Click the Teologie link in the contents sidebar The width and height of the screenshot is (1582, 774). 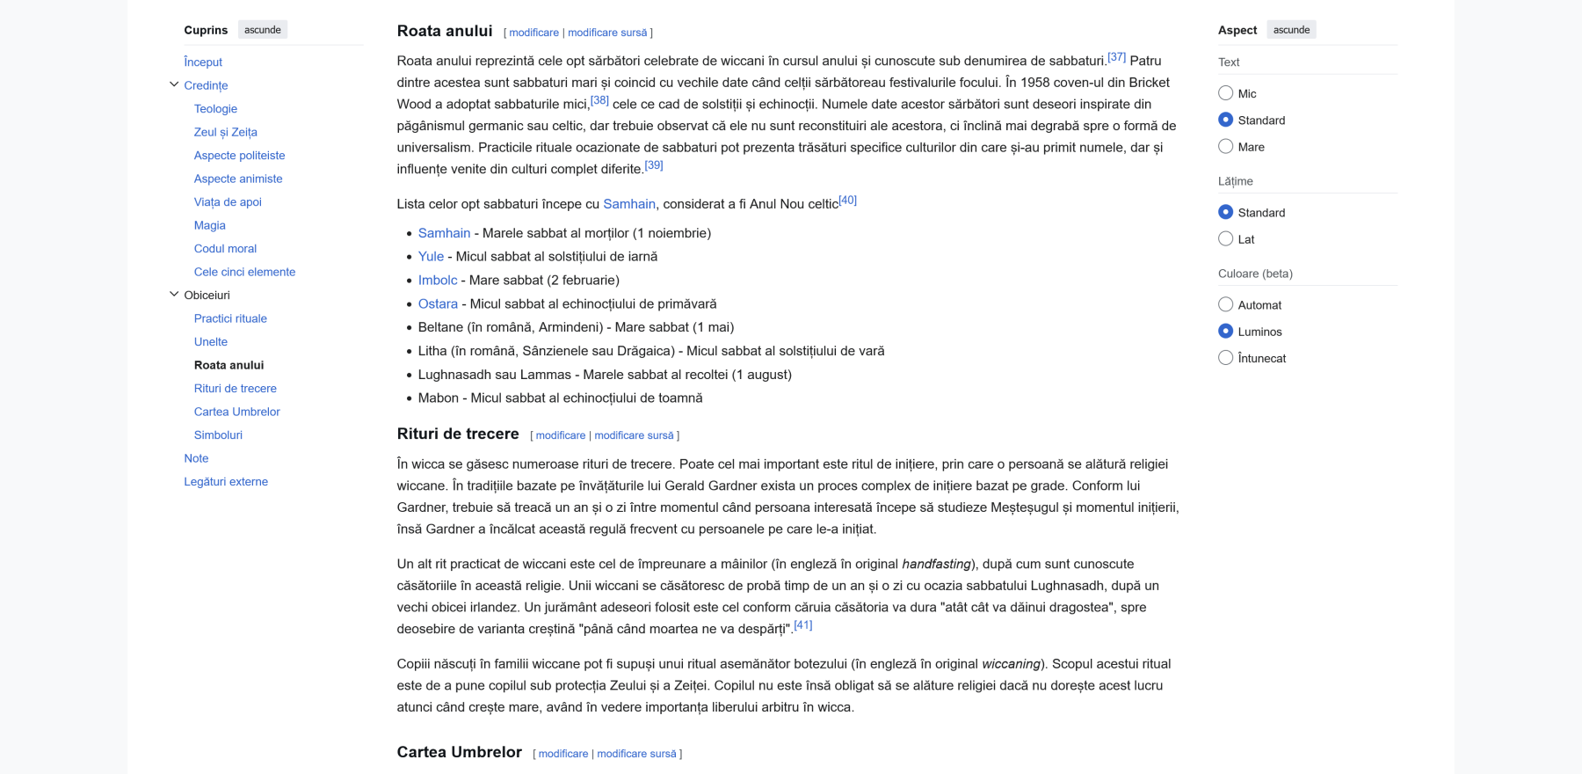pyautogui.click(x=215, y=109)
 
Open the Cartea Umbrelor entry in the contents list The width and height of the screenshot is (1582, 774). pyautogui.click(x=236, y=412)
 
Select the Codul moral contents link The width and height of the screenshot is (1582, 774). pyautogui.click(x=225, y=249)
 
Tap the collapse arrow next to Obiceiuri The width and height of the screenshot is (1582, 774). pyautogui.click(x=174, y=295)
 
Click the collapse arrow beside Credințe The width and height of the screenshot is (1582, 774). pyautogui.click(x=174, y=84)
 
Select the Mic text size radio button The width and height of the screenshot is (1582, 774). pyautogui.click(x=1226, y=93)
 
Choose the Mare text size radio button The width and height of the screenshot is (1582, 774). pyautogui.click(x=1226, y=147)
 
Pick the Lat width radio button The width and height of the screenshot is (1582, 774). pyautogui.click(x=1226, y=239)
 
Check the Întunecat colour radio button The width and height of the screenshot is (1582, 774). pyautogui.click(x=1226, y=358)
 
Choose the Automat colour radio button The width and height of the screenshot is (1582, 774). pyautogui.click(x=1226, y=305)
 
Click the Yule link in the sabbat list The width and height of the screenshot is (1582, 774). pyautogui.click(x=431, y=257)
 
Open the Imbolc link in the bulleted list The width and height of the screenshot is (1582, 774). pyautogui.click(x=438, y=281)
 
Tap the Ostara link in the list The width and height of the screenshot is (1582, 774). pyautogui.click(x=438, y=304)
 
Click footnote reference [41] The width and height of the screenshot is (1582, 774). pyautogui.click(x=802, y=625)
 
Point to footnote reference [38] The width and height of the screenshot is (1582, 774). pyautogui.click(x=599, y=100)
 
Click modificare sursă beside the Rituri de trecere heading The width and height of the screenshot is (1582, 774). pyautogui.click(x=634, y=435)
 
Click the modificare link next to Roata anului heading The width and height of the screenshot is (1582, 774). pyautogui.click(x=533, y=33)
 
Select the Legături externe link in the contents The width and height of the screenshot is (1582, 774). pyautogui.click(x=226, y=482)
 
